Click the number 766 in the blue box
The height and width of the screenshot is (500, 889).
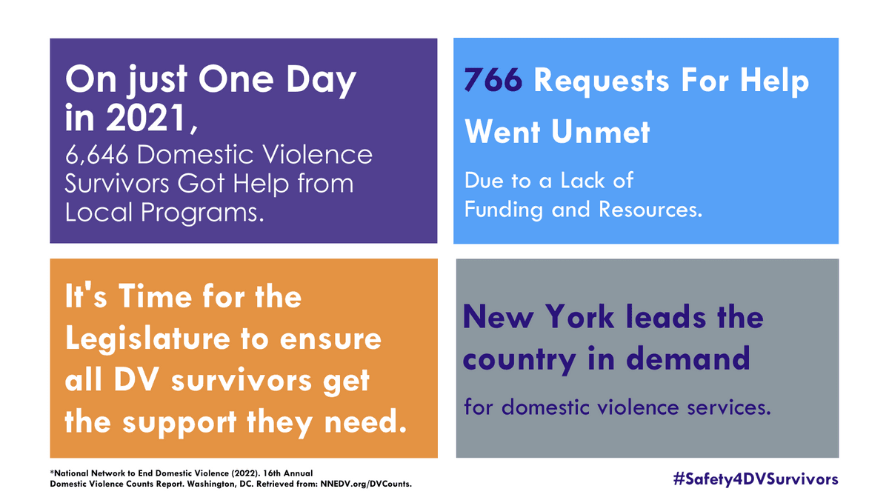tap(493, 80)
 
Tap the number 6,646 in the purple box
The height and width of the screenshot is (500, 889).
tap(97, 155)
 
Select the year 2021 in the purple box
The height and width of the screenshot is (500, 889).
tap(146, 118)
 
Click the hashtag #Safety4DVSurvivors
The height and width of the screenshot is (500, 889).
tap(756, 479)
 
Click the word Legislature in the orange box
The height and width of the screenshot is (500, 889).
tap(147, 340)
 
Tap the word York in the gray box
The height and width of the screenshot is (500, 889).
tap(580, 317)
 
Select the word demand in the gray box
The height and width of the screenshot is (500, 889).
tap(688, 358)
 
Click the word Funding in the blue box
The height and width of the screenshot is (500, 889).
tap(504, 210)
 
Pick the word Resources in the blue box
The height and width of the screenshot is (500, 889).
tap(650, 209)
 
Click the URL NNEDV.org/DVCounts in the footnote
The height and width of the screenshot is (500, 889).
tap(366, 484)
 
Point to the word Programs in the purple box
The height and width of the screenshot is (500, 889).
tap(202, 213)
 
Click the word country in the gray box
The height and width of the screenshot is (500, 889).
tap(519, 359)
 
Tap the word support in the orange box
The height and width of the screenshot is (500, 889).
tap(180, 424)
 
